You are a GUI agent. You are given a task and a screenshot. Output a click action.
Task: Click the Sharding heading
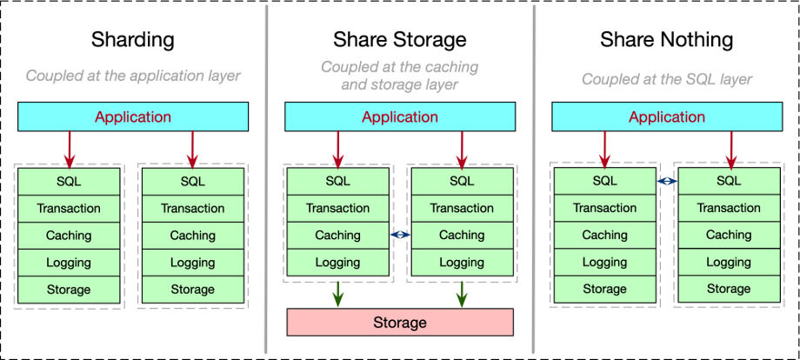coord(133,40)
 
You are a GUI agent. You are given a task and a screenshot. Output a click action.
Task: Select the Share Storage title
coord(399,40)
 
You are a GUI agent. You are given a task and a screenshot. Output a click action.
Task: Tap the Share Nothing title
coord(666,40)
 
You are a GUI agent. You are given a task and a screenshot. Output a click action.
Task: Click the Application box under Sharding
coord(133,117)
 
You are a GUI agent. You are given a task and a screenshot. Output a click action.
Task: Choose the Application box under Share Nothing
coord(667,117)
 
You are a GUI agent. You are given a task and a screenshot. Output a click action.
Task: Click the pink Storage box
coord(400,322)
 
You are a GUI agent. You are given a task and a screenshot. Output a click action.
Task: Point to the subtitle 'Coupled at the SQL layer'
coord(666,79)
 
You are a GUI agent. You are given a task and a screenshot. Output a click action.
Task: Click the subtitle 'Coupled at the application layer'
coord(133,76)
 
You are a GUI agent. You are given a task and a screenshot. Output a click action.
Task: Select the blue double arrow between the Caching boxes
coord(399,235)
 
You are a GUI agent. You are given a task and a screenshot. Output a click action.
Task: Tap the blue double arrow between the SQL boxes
coord(666,181)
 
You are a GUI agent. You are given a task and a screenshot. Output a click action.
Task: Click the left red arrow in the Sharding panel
coord(70,149)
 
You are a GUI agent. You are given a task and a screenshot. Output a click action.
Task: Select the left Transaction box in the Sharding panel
coord(70,209)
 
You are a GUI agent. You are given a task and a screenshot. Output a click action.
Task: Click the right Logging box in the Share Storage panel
coord(462,262)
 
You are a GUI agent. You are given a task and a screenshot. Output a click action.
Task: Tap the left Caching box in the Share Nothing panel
coord(604,235)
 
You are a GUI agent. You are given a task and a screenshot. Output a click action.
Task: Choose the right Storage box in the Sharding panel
coord(193,289)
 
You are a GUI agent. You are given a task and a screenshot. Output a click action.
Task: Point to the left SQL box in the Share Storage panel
coord(337,181)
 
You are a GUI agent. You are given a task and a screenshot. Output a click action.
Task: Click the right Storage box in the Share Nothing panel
coord(729,289)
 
